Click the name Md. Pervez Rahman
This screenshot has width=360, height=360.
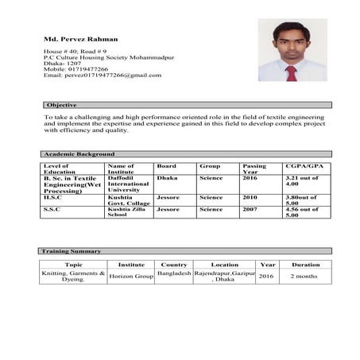[80, 39]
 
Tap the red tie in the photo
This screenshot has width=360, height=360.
[291, 72]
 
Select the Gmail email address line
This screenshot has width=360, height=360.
[102, 75]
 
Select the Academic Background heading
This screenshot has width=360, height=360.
[79, 153]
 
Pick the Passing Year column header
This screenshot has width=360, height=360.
[254, 169]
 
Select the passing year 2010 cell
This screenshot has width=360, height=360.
[250, 197]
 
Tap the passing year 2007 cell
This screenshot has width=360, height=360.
[250, 209]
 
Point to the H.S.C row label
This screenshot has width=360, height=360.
[53, 197]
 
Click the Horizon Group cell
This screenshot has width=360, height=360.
[131, 276]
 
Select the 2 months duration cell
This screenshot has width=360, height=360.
[305, 276]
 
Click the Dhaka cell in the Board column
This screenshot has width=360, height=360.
[168, 179]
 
